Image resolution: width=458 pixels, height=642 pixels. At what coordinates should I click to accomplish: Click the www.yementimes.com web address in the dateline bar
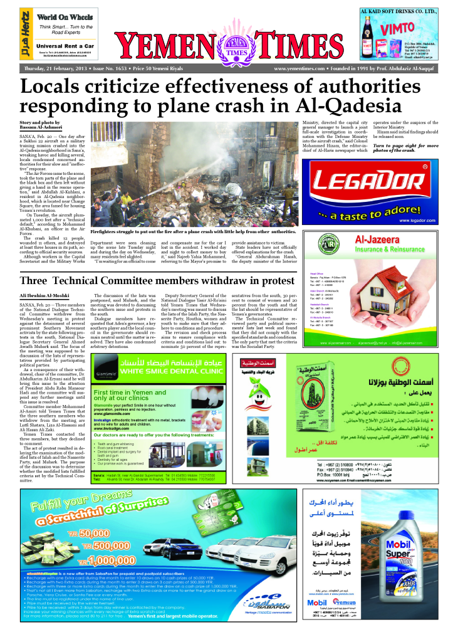coord(299,68)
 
